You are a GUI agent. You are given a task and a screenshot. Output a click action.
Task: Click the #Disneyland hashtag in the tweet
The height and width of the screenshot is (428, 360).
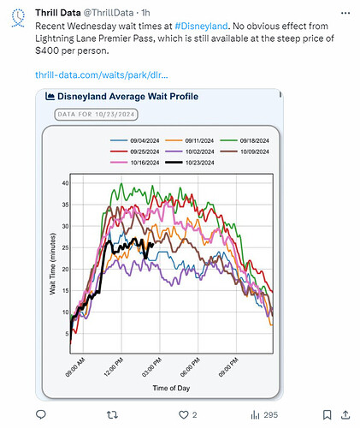click(x=201, y=27)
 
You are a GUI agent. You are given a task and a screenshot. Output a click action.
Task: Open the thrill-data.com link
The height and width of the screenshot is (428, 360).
click(x=102, y=75)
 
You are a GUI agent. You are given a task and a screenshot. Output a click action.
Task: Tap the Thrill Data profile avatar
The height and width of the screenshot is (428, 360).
click(x=18, y=18)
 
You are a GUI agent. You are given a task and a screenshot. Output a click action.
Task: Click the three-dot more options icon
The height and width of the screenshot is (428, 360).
click(x=345, y=13)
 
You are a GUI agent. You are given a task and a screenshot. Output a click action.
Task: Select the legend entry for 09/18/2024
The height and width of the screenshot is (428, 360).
click(x=245, y=140)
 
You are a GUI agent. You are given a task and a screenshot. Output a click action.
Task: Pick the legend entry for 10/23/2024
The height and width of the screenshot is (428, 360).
click(x=190, y=163)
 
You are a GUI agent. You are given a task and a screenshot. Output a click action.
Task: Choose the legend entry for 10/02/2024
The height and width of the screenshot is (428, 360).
click(x=190, y=152)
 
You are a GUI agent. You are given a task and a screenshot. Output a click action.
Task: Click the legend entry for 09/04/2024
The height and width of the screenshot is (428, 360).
click(x=135, y=140)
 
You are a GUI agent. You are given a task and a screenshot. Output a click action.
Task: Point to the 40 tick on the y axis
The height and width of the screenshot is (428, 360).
click(x=65, y=183)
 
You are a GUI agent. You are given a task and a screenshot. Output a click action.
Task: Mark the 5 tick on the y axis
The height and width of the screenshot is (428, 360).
click(x=67, y=334)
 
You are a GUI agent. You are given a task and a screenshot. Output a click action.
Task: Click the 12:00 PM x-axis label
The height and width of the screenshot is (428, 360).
click(x=114, y=367)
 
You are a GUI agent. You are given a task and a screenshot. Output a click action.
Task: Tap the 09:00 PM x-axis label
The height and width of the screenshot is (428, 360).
click(x=228, y=367)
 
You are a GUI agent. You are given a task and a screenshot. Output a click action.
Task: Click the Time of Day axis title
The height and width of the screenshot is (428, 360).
click(x=171, y=388)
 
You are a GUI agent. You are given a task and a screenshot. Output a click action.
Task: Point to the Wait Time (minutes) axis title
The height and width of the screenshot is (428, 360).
click(x=52, y=264)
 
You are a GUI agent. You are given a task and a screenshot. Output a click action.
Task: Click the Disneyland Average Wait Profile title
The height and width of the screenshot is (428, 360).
click(x=127, y=97)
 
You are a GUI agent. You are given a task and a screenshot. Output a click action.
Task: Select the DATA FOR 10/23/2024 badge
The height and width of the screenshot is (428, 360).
click(x=96, y=115)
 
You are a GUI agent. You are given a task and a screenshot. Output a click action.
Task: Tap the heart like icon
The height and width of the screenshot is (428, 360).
click(x=183, y=415)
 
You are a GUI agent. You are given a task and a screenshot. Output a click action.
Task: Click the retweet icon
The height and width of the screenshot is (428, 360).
click(x=112, y=415)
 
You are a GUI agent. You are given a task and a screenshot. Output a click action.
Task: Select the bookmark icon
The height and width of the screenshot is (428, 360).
click(x=327, y=415)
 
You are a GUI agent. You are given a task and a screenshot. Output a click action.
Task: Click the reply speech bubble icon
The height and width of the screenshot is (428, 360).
click(x=41, y=414)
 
